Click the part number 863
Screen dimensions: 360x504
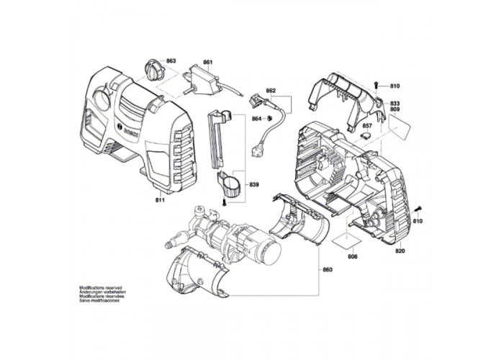coord(171,63)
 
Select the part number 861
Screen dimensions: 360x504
coord(207,63)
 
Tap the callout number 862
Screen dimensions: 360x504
coord(271,91)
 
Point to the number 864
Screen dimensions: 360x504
coord(256,118)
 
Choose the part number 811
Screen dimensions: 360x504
coord(159,199)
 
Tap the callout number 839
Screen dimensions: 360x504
coord(253,184)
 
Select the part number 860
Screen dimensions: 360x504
coord(328,270)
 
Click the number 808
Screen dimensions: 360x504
coord(352,256)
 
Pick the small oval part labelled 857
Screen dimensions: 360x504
coord(365,133)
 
